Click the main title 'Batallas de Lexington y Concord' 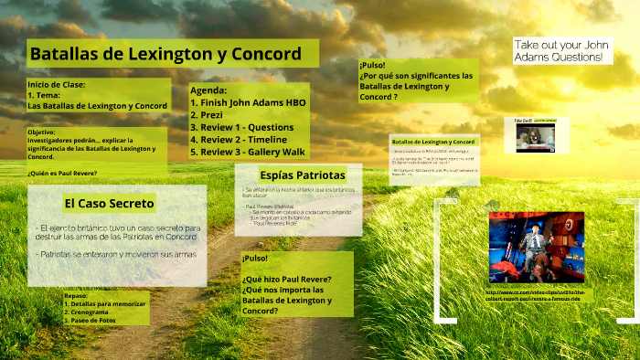point(165,54)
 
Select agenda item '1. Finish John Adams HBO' point(248,102)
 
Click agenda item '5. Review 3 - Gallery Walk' point(247,153)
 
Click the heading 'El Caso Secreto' point(109,203)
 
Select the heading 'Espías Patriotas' point(302,175)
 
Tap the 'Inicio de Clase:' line point(56,84)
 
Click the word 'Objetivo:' point(47,132)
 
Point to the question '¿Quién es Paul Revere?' point(62,173)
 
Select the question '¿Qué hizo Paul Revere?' point(286,279)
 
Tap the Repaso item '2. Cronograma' point(92,312)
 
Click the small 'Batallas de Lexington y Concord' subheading point(432,143)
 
